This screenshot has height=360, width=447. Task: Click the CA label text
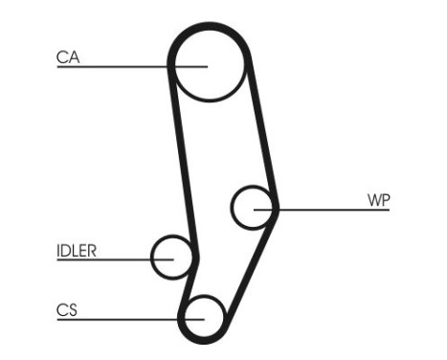pos(67,58)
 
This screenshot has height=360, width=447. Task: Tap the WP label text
pos(379,200)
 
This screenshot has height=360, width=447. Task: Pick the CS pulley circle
pos(204,316)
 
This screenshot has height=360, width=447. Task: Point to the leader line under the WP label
pos(335,209)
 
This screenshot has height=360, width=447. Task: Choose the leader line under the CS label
pos(115,318)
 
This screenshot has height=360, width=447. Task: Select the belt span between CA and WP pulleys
pos(263,134)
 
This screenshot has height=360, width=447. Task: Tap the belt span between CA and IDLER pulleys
pos(180,153)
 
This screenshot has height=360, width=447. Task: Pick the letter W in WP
pos(374,200)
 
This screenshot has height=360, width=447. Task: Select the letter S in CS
pos(73,309)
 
